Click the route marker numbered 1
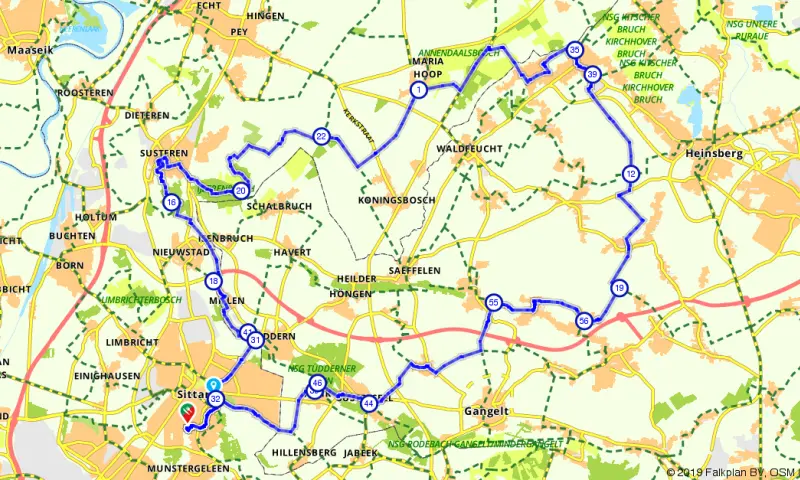point(418,90)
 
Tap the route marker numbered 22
point(321,136)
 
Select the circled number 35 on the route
point(574,50)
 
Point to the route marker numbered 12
point(630,174)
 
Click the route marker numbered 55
point(493,302)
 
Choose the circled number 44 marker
point(369,403)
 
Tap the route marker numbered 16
point(172,203)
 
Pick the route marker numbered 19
point(620,288)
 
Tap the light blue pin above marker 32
point(212,385)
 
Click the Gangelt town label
point(488,411)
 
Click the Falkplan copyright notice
point(732,471)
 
